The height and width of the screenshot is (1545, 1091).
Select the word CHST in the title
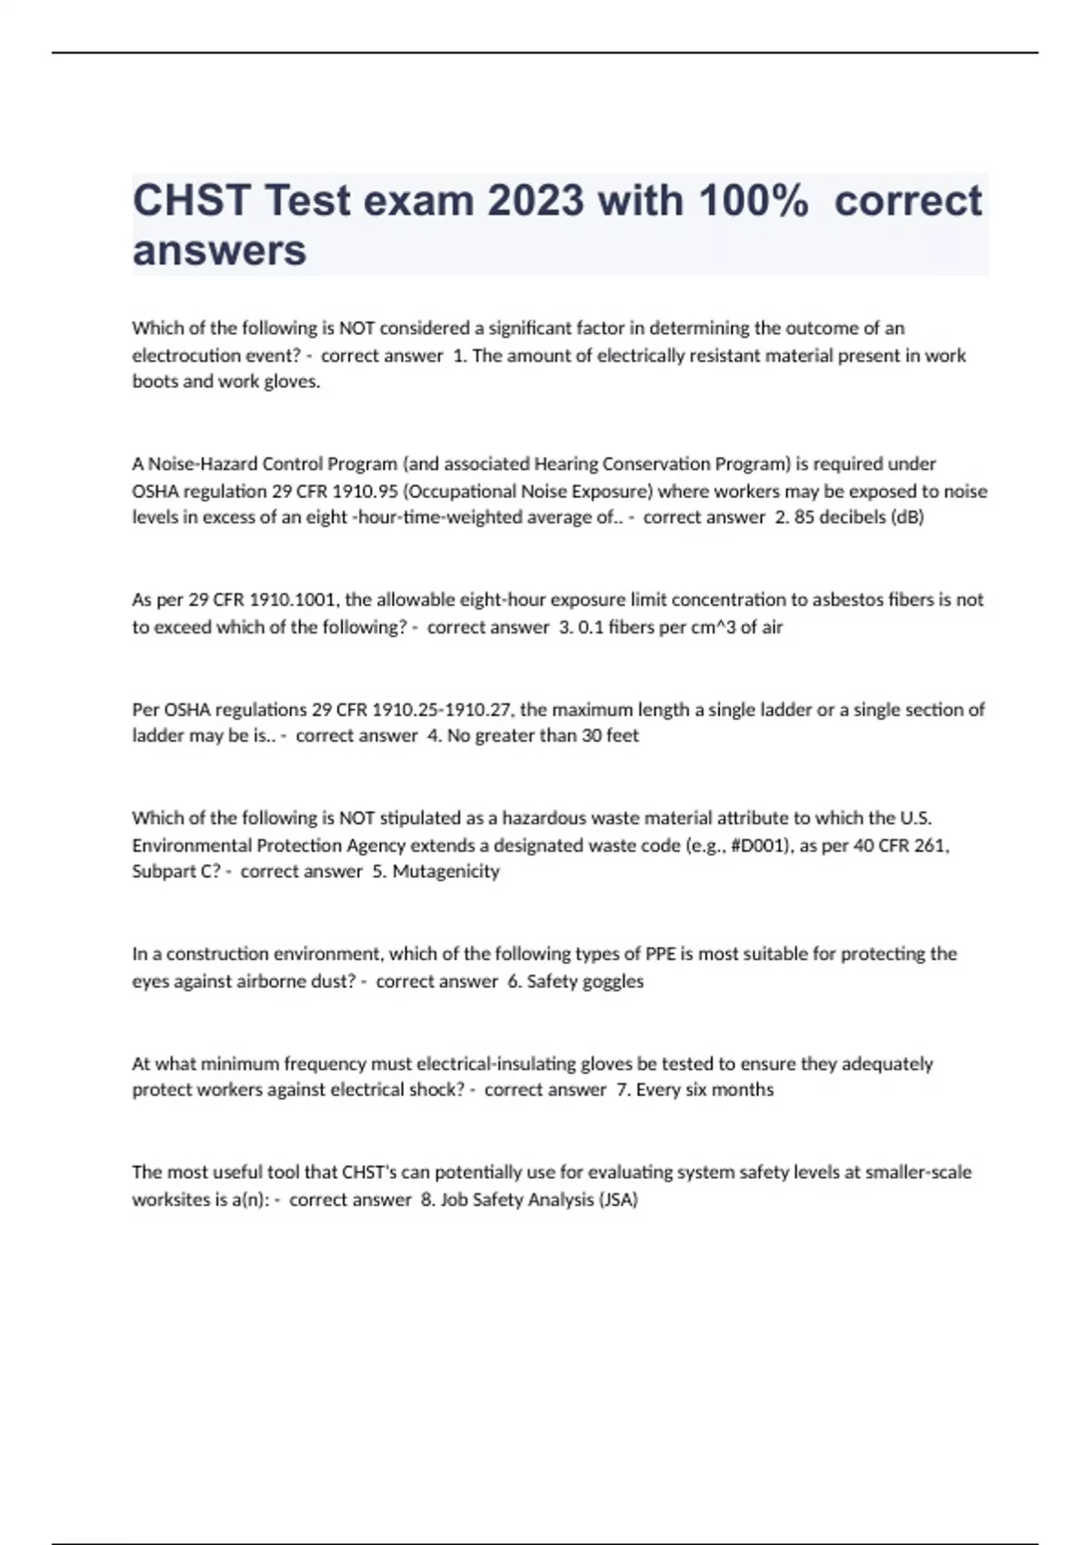click(x=191, y=201)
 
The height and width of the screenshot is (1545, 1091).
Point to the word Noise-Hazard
click(x=203, y=464)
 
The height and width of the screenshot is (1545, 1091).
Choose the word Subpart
click(x=164, y=872)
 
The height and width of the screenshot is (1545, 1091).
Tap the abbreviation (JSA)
click(x=617, y=1200)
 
